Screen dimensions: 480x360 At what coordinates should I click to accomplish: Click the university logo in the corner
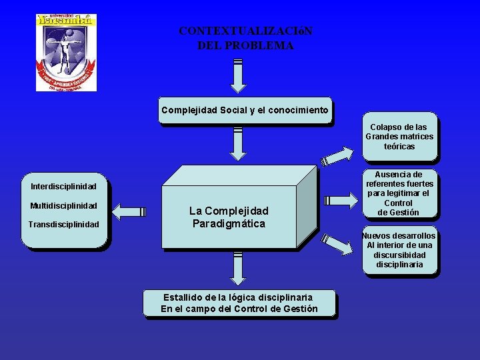pos(66,52)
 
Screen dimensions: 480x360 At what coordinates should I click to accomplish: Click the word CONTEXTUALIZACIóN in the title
pos(245,31)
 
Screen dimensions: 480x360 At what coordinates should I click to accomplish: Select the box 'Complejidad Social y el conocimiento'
pos(245,110)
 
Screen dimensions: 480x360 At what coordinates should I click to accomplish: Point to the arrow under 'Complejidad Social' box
pos(237,143)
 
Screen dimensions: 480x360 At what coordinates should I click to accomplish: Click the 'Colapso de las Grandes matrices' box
pos(399,137)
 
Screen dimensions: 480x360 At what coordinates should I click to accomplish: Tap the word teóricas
pos(399,146)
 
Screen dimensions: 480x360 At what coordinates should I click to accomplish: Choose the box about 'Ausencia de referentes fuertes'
pos(399,193)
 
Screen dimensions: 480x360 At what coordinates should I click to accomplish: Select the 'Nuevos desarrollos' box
pos(399,250)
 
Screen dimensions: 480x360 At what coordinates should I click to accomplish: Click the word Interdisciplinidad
pos(63,186)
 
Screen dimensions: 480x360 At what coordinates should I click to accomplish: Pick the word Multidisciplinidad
pos(63,205)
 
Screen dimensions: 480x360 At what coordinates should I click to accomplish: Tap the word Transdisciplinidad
pos(63,225)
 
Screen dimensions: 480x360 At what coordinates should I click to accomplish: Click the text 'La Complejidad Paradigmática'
pos(229,217)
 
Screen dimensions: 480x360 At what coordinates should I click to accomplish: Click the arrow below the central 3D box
pos(237,270)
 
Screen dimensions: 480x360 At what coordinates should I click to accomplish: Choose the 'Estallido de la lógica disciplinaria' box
pos(239,303)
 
